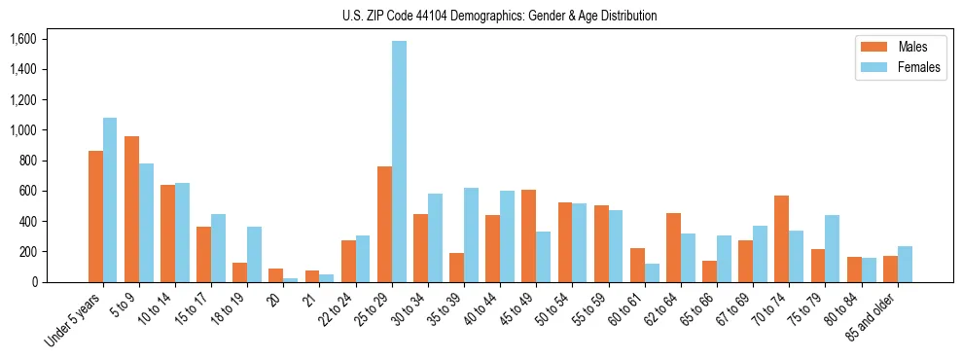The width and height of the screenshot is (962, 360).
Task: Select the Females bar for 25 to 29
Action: pos(399,162)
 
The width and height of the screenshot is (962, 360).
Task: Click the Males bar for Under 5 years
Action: pos(95,216)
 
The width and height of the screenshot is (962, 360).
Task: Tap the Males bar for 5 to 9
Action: pos(131,209)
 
